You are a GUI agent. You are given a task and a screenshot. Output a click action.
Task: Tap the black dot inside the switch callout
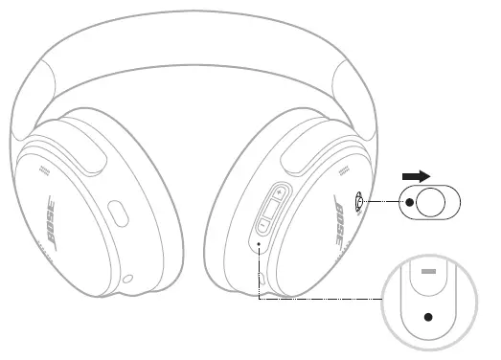pos(410,203)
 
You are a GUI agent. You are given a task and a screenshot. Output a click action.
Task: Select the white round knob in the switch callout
pos(431,203)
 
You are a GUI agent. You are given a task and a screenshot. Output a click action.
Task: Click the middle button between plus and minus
pos(270,210)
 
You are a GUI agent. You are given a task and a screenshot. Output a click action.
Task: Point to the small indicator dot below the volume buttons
pos(261,245)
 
